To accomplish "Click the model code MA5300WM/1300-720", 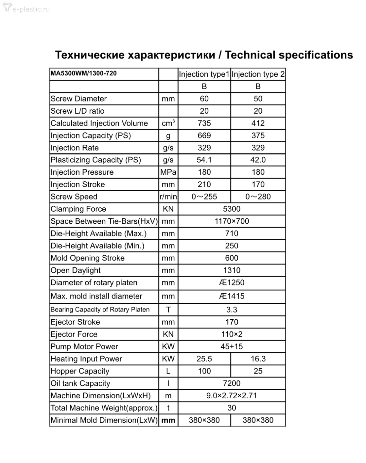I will click(83, 73).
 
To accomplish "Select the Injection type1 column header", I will click(204, 74).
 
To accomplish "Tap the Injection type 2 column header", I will click(258, 74).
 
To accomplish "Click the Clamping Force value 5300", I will click(232, 209).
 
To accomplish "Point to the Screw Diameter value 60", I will click(204, 99).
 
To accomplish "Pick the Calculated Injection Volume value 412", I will click(258, 123).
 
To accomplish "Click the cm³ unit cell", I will click(168, 123).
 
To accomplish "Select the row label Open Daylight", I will click(76, 270).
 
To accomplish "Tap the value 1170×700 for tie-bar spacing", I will click(232, 221).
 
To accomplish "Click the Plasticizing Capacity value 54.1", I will click(204, 160).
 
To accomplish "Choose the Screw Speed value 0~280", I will click(258, 197).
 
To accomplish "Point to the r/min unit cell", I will click(168, 197).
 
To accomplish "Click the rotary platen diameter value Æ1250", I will click(232, 283).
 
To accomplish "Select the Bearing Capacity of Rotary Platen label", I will click(100, 310).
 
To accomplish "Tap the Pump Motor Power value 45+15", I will click(232, 346).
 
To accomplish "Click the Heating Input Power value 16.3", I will click(258, 359).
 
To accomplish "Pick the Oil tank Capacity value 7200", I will click(232, 383).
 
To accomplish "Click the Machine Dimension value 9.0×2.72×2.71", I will click(232, 396).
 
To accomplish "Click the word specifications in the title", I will click(316, 55).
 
